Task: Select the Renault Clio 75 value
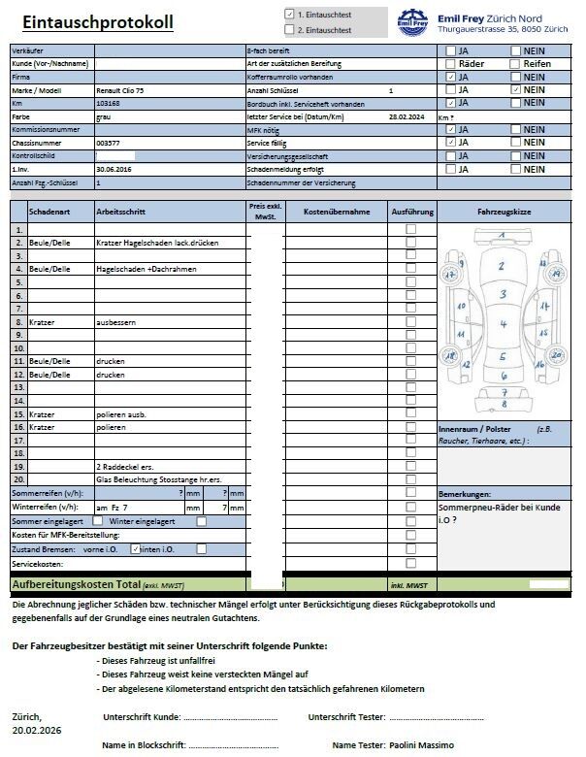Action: point(123,89)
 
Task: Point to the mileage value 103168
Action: point(109,102)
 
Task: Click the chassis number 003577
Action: point(109,142)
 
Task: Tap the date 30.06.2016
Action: point(114,168)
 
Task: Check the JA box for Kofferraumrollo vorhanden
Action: point(450,76)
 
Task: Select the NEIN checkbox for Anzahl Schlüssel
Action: point(515,89)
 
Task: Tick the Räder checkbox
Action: point(450,63)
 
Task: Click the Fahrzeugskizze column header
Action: point(504,210)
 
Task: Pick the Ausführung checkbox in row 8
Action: point(411,320)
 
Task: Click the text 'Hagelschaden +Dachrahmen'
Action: point(146,268)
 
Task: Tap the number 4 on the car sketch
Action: point(503,324)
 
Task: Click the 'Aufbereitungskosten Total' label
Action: point(76,585)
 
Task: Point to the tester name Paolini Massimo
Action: point(421,744)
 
